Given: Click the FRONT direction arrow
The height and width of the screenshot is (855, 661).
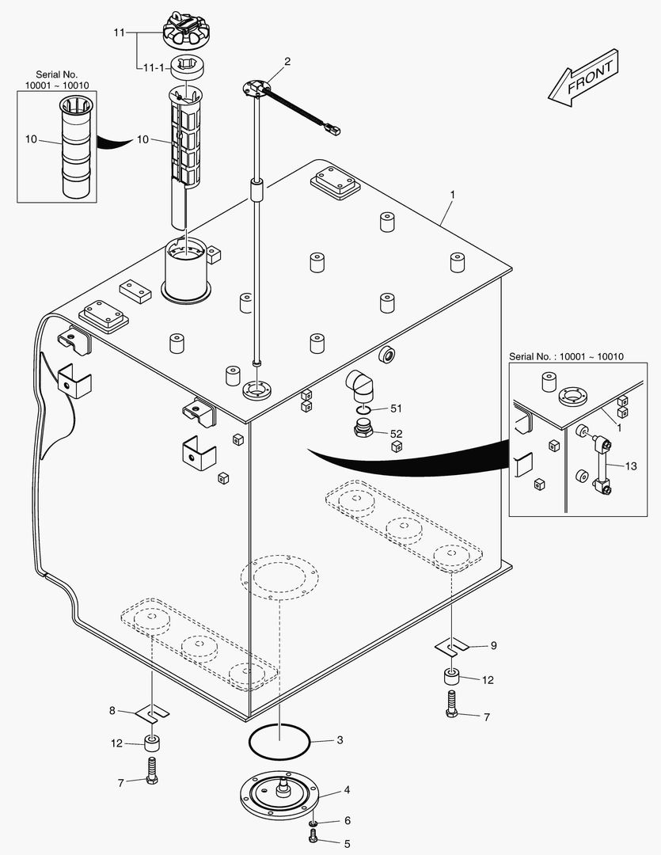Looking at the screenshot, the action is click(x=583, y=77).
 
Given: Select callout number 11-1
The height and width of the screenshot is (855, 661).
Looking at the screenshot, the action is click(x=152, y=69).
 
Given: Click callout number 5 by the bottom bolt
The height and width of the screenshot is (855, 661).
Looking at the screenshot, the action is click(x=346, y=842).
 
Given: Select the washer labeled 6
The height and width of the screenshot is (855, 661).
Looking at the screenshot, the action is click(x=313, y=824).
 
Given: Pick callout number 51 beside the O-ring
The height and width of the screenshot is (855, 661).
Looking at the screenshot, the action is click(x=396, y=408).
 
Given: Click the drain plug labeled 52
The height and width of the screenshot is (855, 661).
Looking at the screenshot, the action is click(x=363, y=431).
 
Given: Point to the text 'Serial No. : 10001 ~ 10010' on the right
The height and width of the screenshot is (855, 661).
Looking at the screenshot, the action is click(x=566, y=356).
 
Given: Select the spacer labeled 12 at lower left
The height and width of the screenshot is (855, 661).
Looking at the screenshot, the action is click(x=150, y=743).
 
